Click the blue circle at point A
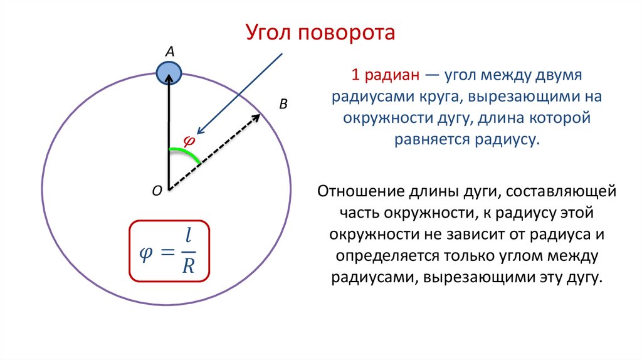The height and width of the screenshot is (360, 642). (x=169, y=73)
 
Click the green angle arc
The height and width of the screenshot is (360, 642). (x=186, y=152)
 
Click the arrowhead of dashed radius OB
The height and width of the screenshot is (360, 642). (x=257, y=117)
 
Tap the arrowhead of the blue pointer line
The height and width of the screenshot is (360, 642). (x=199, y=131)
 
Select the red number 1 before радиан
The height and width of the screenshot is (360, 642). (x=355, y=77)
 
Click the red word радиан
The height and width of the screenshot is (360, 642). (x=389, y=77)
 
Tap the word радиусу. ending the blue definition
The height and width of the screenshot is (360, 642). (x=508, y=138)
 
